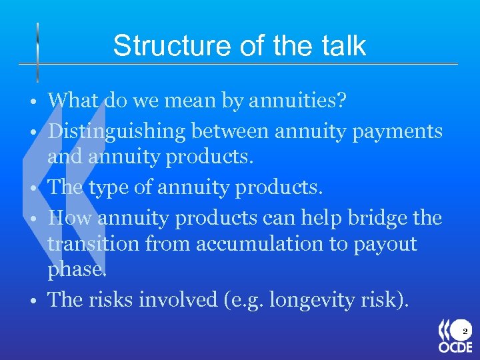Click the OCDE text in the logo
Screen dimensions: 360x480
pos(455,347)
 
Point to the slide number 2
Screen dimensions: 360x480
pos(465,331)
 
